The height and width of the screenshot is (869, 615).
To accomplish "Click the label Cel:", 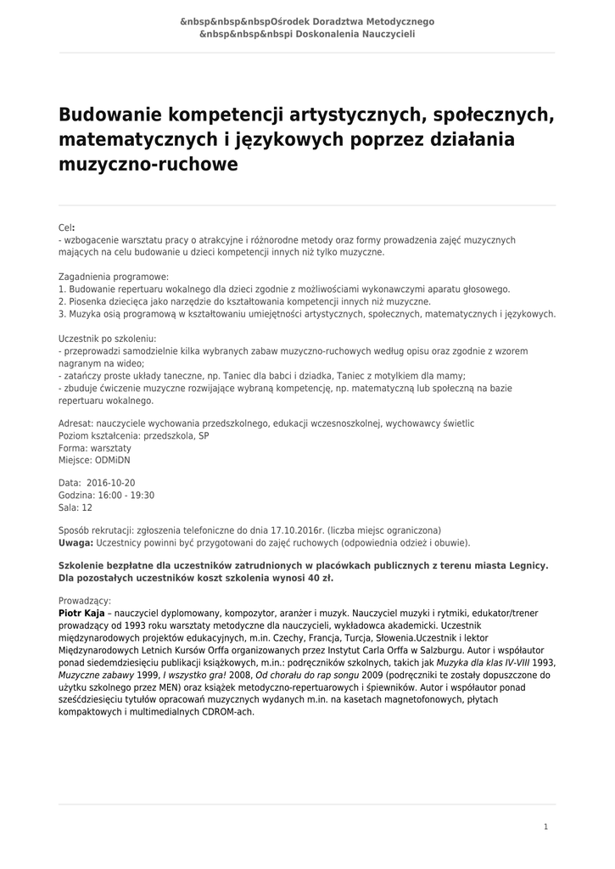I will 67,228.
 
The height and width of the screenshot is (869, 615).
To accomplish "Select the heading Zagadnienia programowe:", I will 114,277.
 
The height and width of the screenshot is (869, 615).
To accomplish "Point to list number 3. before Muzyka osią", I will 63,313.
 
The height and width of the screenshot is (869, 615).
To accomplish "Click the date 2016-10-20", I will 111,482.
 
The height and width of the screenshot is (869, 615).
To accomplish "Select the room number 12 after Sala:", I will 87,507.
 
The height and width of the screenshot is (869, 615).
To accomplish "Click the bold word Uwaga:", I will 75,542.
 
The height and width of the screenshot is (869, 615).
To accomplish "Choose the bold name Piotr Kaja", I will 81,613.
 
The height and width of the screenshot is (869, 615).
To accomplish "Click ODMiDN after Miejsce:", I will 113,460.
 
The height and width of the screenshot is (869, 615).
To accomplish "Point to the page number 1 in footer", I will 545,827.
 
